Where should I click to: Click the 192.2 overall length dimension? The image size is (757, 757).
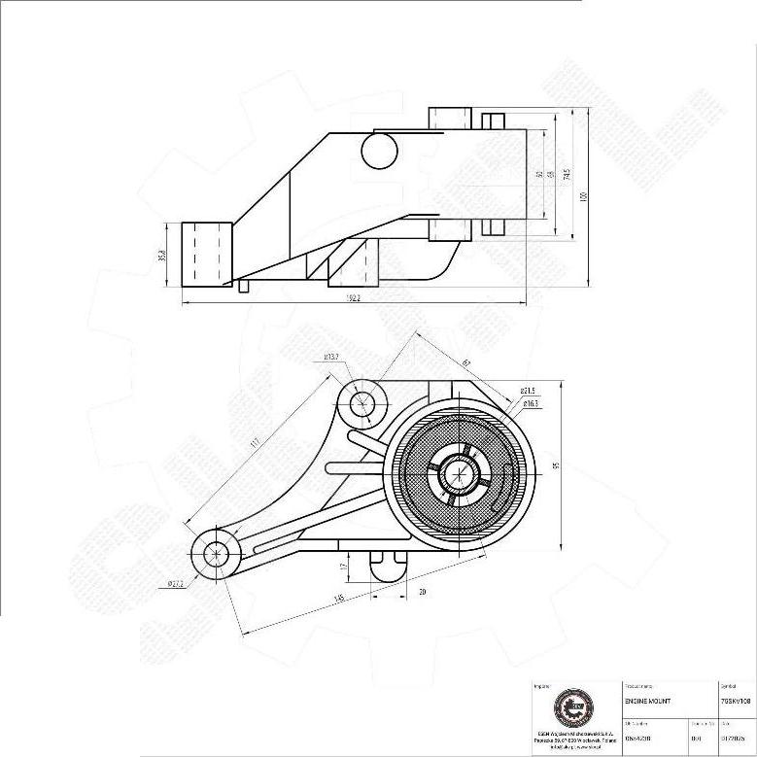(x=352, y=298)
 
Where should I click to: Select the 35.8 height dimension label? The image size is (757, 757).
(x=164, y=255)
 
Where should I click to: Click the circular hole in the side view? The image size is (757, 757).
(x=379, y=151)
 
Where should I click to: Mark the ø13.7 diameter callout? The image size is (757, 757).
(x=332, y=358)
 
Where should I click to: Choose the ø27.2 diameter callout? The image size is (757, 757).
(x=176, y=583)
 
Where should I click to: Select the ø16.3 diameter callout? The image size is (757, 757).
(x=531, y=402)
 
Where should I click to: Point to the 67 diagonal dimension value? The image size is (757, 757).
(x=466, y=363)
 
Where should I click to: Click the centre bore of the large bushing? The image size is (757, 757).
(x=460, y=475)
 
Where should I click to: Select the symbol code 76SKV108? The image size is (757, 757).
(x=736, y=700)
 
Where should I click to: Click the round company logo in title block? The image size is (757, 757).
(x=571, y=707)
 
